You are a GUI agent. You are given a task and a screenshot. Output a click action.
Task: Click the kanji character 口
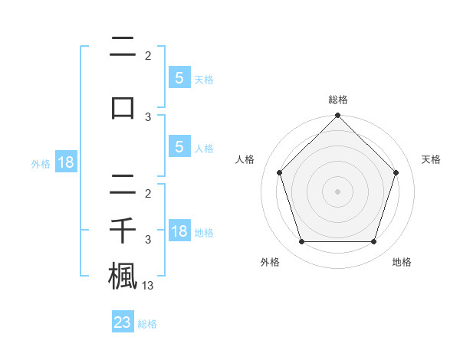click(123, 108)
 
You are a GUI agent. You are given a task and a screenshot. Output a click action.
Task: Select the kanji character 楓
click(123, 275)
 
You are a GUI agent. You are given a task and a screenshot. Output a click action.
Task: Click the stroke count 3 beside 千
click(148, 240)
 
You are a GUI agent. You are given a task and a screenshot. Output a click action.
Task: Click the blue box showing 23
click(123, 322)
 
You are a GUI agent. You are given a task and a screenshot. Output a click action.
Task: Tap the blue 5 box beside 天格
click(179, 77)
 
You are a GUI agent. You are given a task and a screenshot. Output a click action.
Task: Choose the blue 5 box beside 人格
click(179, 147)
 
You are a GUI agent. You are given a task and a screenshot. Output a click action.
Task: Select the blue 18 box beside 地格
click(179, 231)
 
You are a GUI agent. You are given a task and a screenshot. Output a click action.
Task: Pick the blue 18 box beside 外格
click(65, 162)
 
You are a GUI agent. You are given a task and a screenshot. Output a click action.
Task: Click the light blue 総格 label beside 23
click(147, 324)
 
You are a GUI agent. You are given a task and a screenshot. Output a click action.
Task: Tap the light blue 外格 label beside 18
click(41, 163)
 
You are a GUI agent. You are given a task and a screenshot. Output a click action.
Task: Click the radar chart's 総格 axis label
click(337, 100)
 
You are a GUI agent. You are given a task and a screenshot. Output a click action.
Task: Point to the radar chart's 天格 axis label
click(431, 159)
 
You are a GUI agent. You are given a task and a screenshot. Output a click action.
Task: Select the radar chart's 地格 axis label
click(402, 262)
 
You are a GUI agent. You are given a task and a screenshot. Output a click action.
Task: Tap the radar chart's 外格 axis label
click(270, 262)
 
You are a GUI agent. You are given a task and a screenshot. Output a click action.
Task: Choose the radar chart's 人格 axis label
click(245, 159)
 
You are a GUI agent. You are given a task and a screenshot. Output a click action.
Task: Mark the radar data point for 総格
click(337, 116)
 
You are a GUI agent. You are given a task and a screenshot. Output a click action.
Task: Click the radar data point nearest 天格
click(396, 172)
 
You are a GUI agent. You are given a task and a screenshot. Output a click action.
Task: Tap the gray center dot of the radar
click(337, 191)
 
